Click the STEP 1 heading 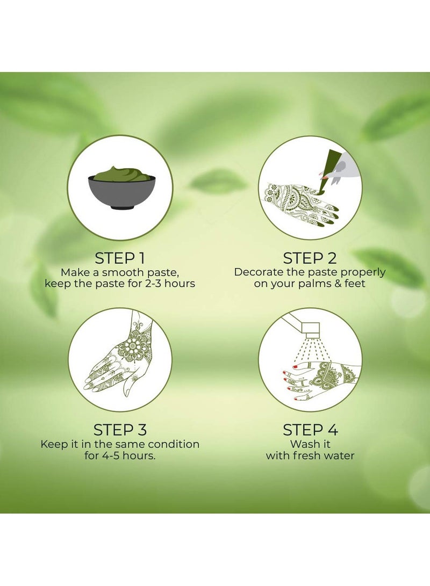coord(120,258)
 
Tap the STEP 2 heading coord(310,258)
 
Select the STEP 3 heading coord(120,430)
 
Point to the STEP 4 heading coord(310,430)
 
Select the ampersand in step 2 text coord(338,283)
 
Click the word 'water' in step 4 coord(338,455)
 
